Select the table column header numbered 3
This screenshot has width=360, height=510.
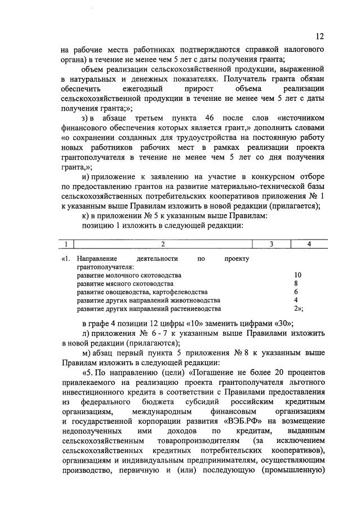coord(271,244)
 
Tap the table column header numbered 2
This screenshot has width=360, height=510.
coord(163,244)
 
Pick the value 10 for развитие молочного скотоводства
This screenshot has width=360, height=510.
coord(297,275)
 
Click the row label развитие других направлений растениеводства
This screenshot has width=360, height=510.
coord(149,309)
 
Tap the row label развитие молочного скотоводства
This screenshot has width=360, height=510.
coord(129,275)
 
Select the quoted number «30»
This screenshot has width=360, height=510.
coord(276,323)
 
